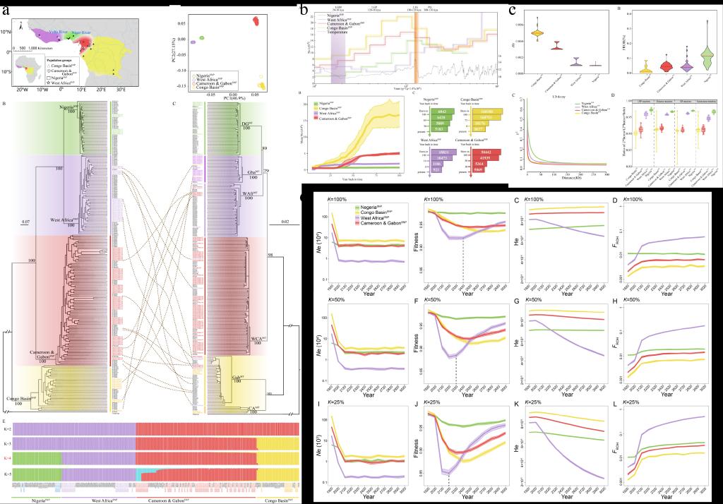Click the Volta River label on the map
(59, 32)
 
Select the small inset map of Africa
(28, 69)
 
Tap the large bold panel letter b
(304, 10)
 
